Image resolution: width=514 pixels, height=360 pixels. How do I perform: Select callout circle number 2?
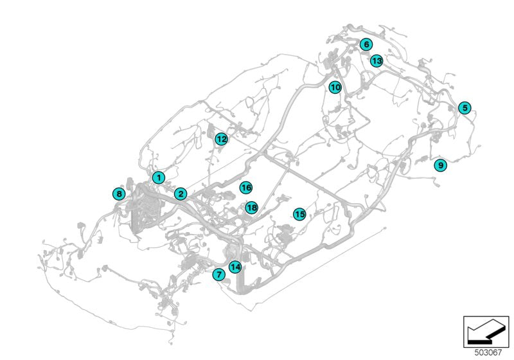181,194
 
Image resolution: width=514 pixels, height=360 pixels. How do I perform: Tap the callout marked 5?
465,108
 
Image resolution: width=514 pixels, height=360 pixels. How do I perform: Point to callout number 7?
219,274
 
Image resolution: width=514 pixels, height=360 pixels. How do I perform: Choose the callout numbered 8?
118,194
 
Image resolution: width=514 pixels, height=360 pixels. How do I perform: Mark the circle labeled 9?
440,165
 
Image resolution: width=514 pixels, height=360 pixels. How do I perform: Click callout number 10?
335,87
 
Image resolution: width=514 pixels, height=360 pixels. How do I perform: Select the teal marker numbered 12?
222,139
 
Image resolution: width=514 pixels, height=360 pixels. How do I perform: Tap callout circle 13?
377,61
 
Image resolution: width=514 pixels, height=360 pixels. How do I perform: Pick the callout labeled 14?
235,267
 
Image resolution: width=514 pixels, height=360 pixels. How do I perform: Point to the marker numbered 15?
299,214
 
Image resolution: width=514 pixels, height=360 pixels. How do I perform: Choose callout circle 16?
245,188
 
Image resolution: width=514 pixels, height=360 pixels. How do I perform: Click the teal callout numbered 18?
251,208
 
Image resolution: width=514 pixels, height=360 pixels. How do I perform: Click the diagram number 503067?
488,352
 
